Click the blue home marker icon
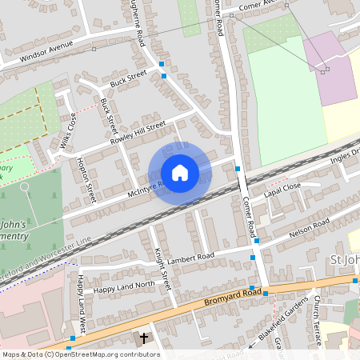point(180,173)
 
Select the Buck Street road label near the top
point(129,77)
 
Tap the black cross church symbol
point(144,338)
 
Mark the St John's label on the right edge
point(345,262)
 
